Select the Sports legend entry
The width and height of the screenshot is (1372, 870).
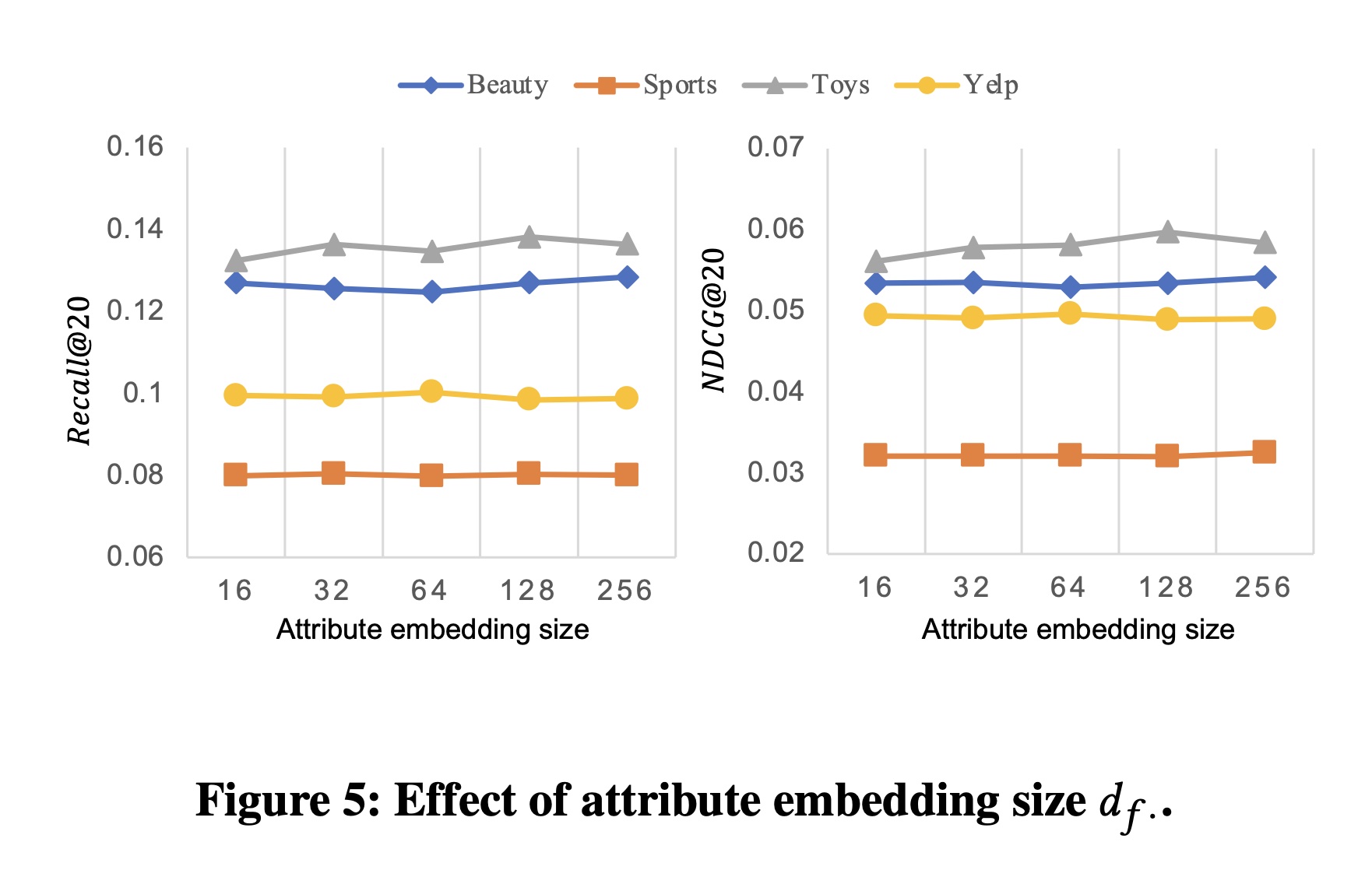point(646,85)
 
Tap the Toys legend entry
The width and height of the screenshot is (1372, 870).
point(806,85)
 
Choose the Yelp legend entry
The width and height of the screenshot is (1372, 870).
point(957,85)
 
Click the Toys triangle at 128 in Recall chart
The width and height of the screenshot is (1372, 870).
point(529,237)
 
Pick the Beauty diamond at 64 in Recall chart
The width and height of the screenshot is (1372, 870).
point(432,292)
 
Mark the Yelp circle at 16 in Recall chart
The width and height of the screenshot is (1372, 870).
point(235,395)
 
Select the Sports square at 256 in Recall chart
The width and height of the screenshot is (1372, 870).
point(626,475)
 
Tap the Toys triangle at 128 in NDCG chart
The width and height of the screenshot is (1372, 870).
point(1166,231)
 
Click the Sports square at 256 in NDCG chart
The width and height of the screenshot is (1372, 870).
point(1264,452)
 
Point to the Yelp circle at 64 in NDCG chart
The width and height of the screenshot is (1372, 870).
point(1070,314)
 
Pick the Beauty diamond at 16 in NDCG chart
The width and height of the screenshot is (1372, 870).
point(875,283)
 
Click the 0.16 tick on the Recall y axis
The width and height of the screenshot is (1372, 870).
point(135,146)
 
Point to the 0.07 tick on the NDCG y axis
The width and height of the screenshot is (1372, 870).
point(776,146)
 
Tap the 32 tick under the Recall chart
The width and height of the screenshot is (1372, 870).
point(332,591)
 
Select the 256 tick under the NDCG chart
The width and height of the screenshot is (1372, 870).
point(1262,588)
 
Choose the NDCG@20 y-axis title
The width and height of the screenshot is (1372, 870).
point(714,319)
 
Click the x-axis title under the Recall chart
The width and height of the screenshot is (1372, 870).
point(432,630)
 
